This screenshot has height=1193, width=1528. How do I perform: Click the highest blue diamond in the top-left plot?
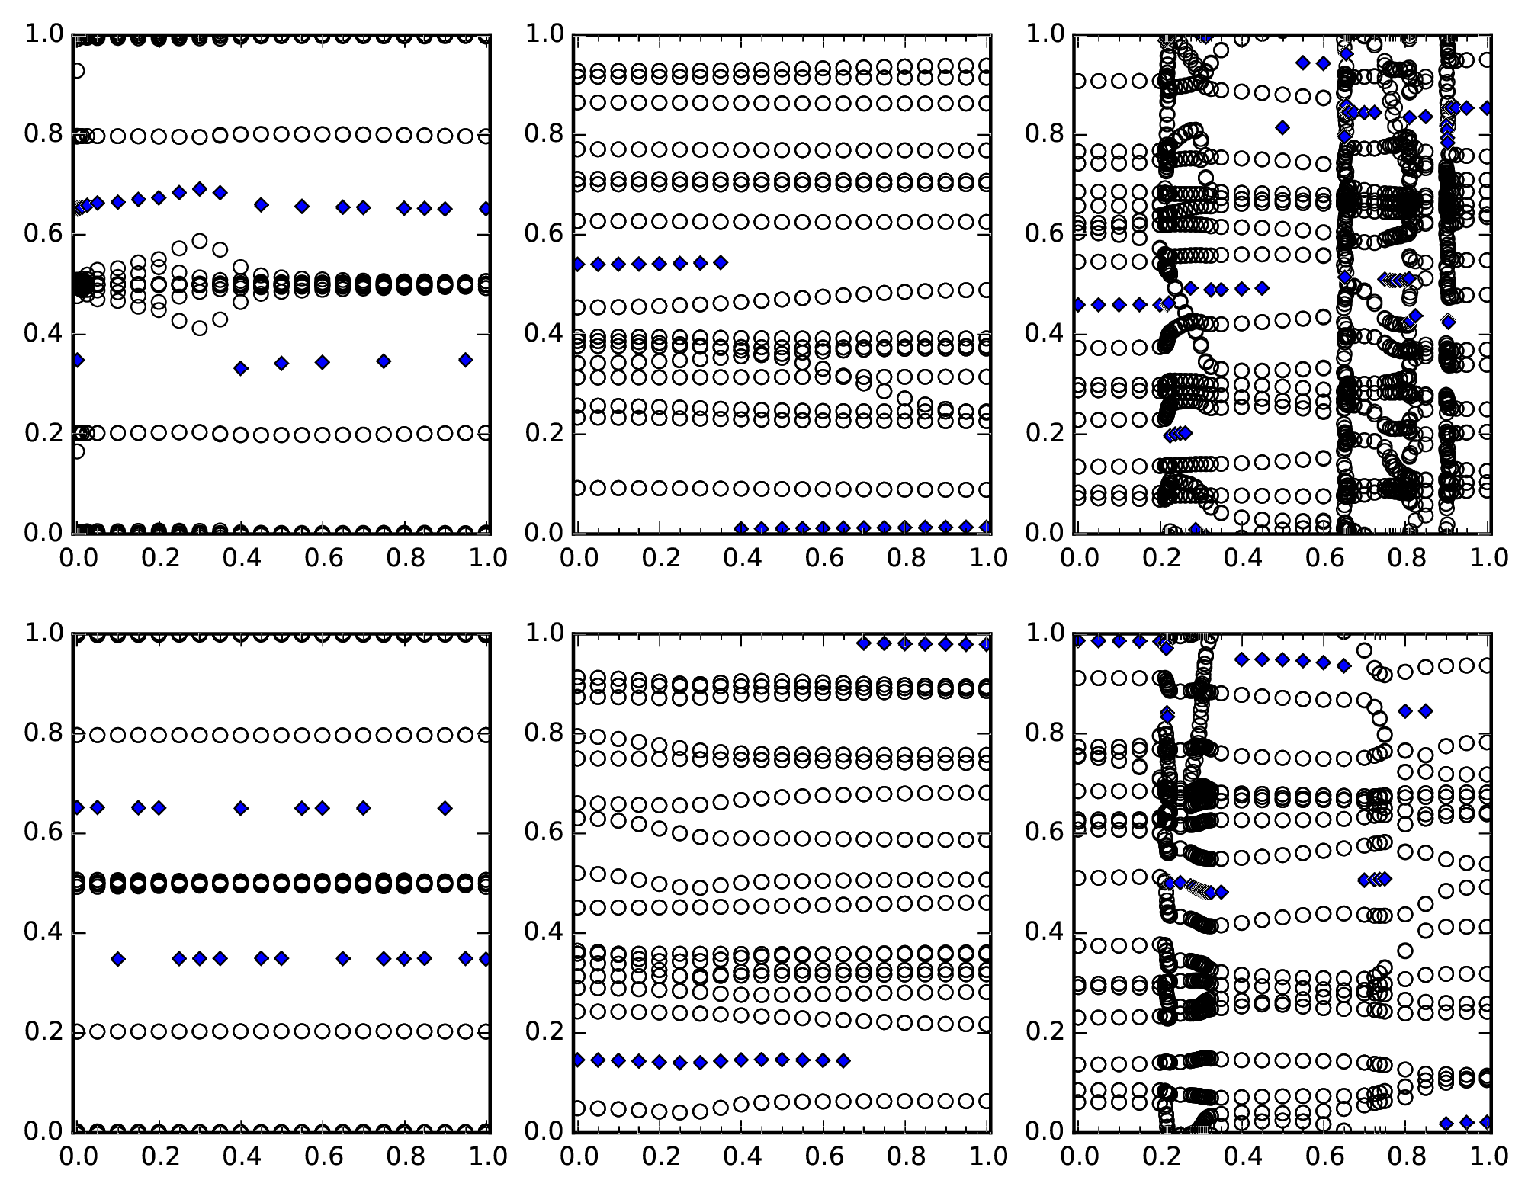pos(200,188)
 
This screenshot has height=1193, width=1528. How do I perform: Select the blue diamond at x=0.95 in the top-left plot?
pos(466,360)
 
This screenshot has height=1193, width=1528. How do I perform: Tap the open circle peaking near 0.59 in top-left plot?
pos(200,241)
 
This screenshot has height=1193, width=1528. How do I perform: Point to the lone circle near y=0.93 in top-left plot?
pos(76,71)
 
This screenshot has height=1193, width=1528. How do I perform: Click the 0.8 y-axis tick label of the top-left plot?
pos(43,135)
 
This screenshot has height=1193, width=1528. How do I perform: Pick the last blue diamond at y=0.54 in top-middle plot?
pos(721,263)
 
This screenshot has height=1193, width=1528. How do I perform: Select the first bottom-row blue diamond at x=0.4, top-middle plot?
pos(740,528)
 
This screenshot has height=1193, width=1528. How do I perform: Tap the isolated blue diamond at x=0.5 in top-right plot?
pos(1282,127)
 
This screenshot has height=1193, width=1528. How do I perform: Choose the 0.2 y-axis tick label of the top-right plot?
pos(1044,434)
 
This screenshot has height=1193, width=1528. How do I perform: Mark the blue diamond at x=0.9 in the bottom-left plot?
pos(445,808)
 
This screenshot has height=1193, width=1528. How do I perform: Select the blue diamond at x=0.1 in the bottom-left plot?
pos(117,959)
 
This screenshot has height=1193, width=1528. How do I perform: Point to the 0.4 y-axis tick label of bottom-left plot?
pos(43,933)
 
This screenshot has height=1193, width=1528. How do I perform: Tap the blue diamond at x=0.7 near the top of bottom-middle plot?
pos(864,643)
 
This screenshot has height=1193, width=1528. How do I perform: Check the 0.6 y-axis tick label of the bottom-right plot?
pos(1044,833)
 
